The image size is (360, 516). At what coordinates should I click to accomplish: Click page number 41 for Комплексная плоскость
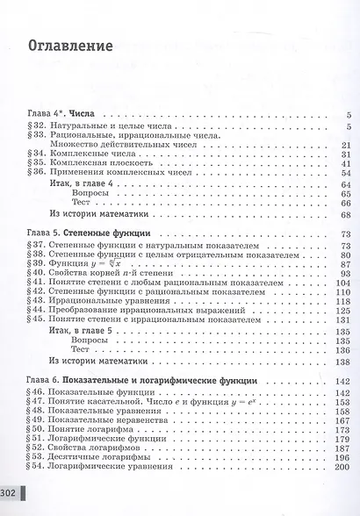pos(345,163)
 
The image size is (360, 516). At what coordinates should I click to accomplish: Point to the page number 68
pos(345,215)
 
